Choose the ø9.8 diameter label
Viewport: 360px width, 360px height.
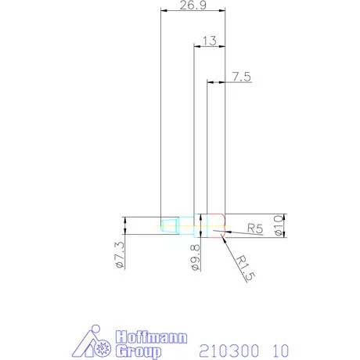pos(196,257)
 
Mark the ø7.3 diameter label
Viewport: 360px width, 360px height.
pos(120,257)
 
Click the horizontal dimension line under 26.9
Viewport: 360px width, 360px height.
pos(193,12)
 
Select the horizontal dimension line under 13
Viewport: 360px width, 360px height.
pos(209,47)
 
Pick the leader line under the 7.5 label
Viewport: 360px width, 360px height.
pos(235,82)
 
